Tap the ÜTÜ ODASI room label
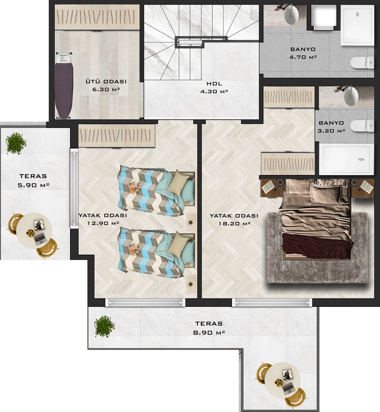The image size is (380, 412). pos(106,81)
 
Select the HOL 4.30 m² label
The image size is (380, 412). pos(214,87)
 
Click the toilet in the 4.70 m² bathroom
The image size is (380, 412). pos(362,62)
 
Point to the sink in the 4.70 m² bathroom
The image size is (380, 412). pos(291,15)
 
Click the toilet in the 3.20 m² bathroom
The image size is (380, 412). pos(362,125)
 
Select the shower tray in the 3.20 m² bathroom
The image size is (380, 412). pos(346,159)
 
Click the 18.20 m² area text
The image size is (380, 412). pos(235,224)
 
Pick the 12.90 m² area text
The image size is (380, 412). pos(103,223)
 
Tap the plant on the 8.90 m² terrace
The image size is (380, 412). pos(104,326)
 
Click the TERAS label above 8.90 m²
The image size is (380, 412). pos(209,323)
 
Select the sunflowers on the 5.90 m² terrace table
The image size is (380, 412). pos(30,233)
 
